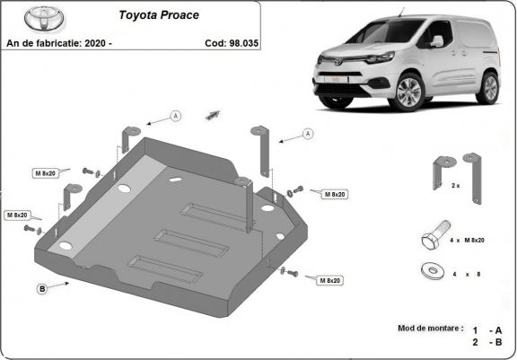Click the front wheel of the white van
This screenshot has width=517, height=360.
tap(409, 92)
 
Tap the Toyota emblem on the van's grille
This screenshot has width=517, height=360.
tap(339, 60)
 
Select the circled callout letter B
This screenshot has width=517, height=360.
tap(42, 288)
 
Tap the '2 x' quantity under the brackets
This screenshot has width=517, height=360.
tap(455, 186)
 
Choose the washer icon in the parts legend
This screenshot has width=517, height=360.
tap(429, 270)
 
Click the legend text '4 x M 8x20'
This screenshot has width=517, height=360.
tap(469, 241)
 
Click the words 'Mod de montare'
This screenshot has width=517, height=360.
tap(430, 329)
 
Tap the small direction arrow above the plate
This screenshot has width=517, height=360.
tap(213, 114)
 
